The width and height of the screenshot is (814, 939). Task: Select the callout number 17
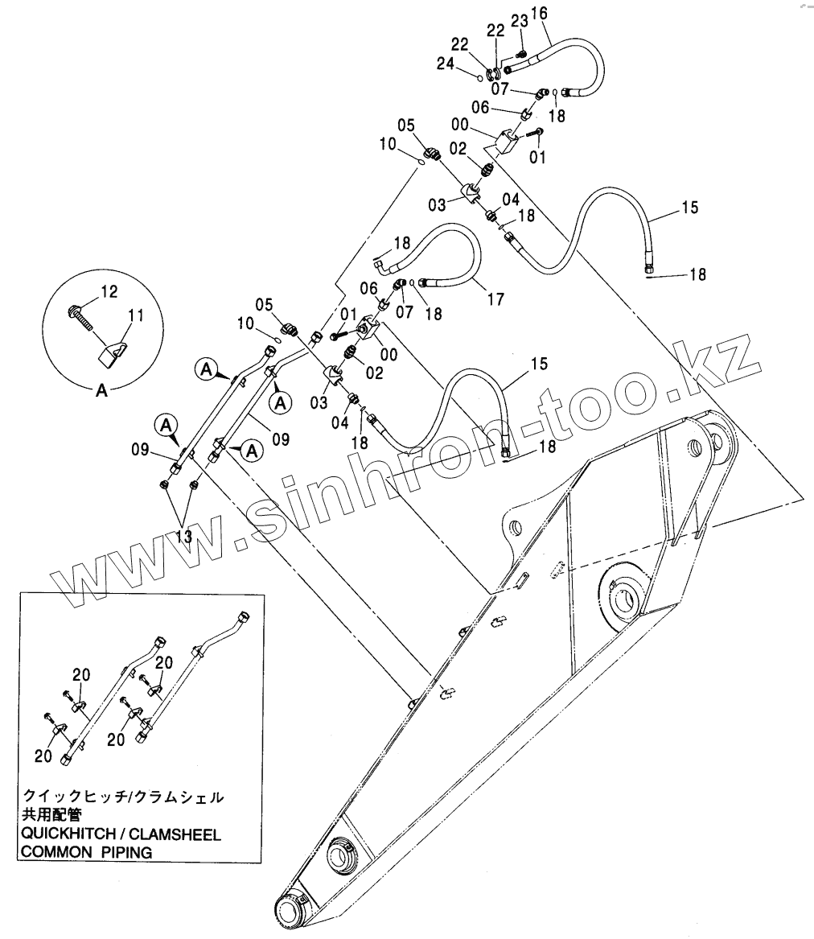[495, 299]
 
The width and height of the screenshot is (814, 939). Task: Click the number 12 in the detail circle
[109, 290]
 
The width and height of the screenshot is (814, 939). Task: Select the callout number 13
[184, 535]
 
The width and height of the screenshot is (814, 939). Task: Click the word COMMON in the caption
[53, 853]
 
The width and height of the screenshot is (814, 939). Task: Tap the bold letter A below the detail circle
[101, 391]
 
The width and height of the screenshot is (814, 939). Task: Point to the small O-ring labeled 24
[479, 77]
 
